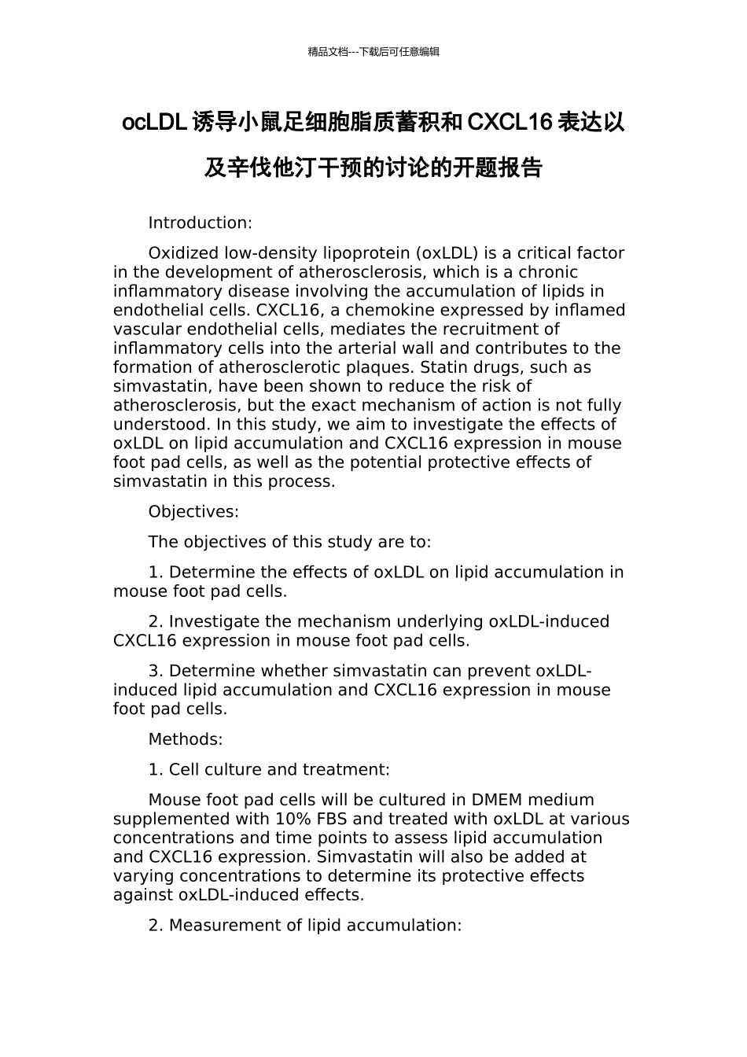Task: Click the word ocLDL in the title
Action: click(154, 123)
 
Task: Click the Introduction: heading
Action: click(200, 223)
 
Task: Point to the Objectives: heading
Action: click(193, 511)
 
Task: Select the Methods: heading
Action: click(186, 739)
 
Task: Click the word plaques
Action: click(383, 367)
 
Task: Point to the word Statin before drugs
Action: click(445, 367)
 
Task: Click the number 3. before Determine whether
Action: click(156, 671)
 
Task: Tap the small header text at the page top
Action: click(373, 52)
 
